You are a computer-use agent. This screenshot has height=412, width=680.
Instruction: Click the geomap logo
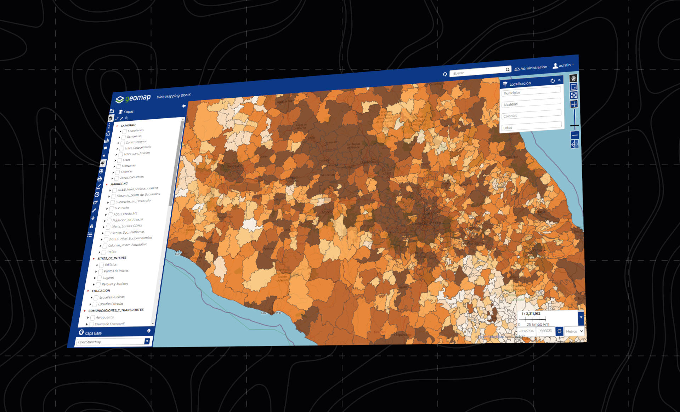134,98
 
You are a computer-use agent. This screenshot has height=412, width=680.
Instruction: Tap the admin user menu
563,65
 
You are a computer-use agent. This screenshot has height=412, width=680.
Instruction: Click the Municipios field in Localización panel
531,91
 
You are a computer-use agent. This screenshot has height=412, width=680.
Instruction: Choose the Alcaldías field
531,103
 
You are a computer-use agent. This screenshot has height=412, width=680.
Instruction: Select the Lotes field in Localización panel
531,126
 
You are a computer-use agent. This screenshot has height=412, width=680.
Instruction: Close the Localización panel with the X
559,80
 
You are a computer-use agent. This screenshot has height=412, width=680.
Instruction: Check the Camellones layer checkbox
125,131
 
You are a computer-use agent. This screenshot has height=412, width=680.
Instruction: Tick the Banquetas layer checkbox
124,137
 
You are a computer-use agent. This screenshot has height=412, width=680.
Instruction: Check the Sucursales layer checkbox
111,208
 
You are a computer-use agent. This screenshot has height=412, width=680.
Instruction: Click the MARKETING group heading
119,184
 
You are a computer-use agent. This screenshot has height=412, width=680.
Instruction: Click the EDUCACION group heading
101,291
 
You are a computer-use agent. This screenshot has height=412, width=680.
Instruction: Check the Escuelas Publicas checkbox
96,298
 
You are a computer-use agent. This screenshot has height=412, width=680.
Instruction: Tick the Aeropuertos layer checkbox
92,318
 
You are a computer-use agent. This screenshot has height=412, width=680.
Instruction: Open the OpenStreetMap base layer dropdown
147,341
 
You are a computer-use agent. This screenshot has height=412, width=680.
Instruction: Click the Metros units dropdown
574,331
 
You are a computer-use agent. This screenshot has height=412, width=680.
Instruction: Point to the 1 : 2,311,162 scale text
531,314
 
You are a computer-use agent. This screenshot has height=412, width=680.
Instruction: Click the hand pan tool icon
573,78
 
